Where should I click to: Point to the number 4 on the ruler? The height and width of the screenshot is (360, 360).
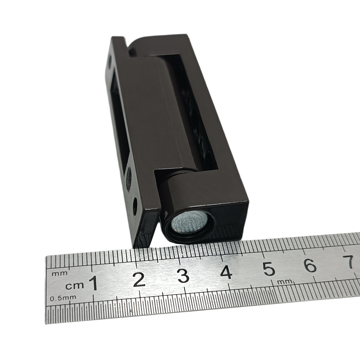pos(226,272)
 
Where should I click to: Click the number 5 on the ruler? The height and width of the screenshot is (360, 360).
pos(269,269)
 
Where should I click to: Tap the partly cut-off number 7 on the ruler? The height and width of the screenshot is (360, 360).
pos(351,262)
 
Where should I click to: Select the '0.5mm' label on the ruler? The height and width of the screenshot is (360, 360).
pos(63,298)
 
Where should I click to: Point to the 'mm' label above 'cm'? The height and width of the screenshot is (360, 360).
pos(60,274)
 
